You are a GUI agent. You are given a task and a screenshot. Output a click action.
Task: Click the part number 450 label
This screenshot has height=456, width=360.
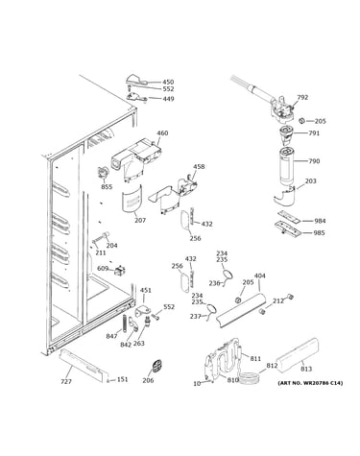tap(168, 82)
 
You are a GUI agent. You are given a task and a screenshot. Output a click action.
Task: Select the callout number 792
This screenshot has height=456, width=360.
tap(302, 97)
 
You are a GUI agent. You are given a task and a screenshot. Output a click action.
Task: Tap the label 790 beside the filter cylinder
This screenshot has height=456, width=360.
tap(314, 160)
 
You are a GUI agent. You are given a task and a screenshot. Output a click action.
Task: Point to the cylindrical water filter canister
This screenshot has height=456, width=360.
tap(286, 166)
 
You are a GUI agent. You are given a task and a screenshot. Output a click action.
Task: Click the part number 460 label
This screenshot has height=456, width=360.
tap(162, 132)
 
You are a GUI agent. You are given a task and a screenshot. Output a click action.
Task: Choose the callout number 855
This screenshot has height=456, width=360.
tap(107, 186)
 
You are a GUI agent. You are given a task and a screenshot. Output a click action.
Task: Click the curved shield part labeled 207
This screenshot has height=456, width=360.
tap(132, 199)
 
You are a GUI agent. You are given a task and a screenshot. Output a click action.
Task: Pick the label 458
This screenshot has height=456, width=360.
tap(199, 166)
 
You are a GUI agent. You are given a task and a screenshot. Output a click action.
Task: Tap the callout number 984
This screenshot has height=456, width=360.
tap(320, 221)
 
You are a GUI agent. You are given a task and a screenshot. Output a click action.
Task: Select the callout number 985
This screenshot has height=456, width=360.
tap(319, 232)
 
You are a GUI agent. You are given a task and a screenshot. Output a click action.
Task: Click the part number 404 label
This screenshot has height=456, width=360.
tap(259, 276)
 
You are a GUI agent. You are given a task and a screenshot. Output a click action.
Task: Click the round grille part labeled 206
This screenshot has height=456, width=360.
tap(156, 366)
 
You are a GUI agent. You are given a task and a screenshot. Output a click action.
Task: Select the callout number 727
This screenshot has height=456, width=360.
tap(66, 381)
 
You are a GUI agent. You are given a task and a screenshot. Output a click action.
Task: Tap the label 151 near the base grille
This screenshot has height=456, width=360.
tap(122, 379)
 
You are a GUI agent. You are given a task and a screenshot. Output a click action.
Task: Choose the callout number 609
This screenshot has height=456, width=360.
tap(103, 268)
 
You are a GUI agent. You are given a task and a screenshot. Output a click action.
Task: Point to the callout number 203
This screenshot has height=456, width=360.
tap(310, 181)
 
